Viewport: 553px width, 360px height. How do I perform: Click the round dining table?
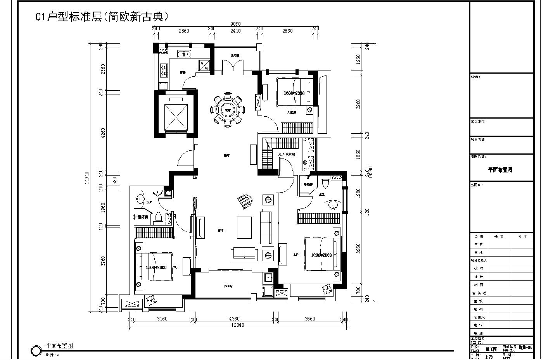[x=227, y=110]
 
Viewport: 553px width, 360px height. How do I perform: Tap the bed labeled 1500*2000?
[x=155, y=267]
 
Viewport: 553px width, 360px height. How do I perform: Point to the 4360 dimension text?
[x=234, y=319]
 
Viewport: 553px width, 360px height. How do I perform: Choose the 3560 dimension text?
[x=310, y=319]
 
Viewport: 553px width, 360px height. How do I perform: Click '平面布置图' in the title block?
[x=500, y=170]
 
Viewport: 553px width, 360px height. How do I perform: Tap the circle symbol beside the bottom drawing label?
[x=36, y=351]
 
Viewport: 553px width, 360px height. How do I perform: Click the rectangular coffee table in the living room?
[x=244, y=227]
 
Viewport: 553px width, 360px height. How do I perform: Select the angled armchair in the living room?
[x=245, y=202]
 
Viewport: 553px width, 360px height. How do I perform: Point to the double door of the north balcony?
[x=233, y=66]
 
